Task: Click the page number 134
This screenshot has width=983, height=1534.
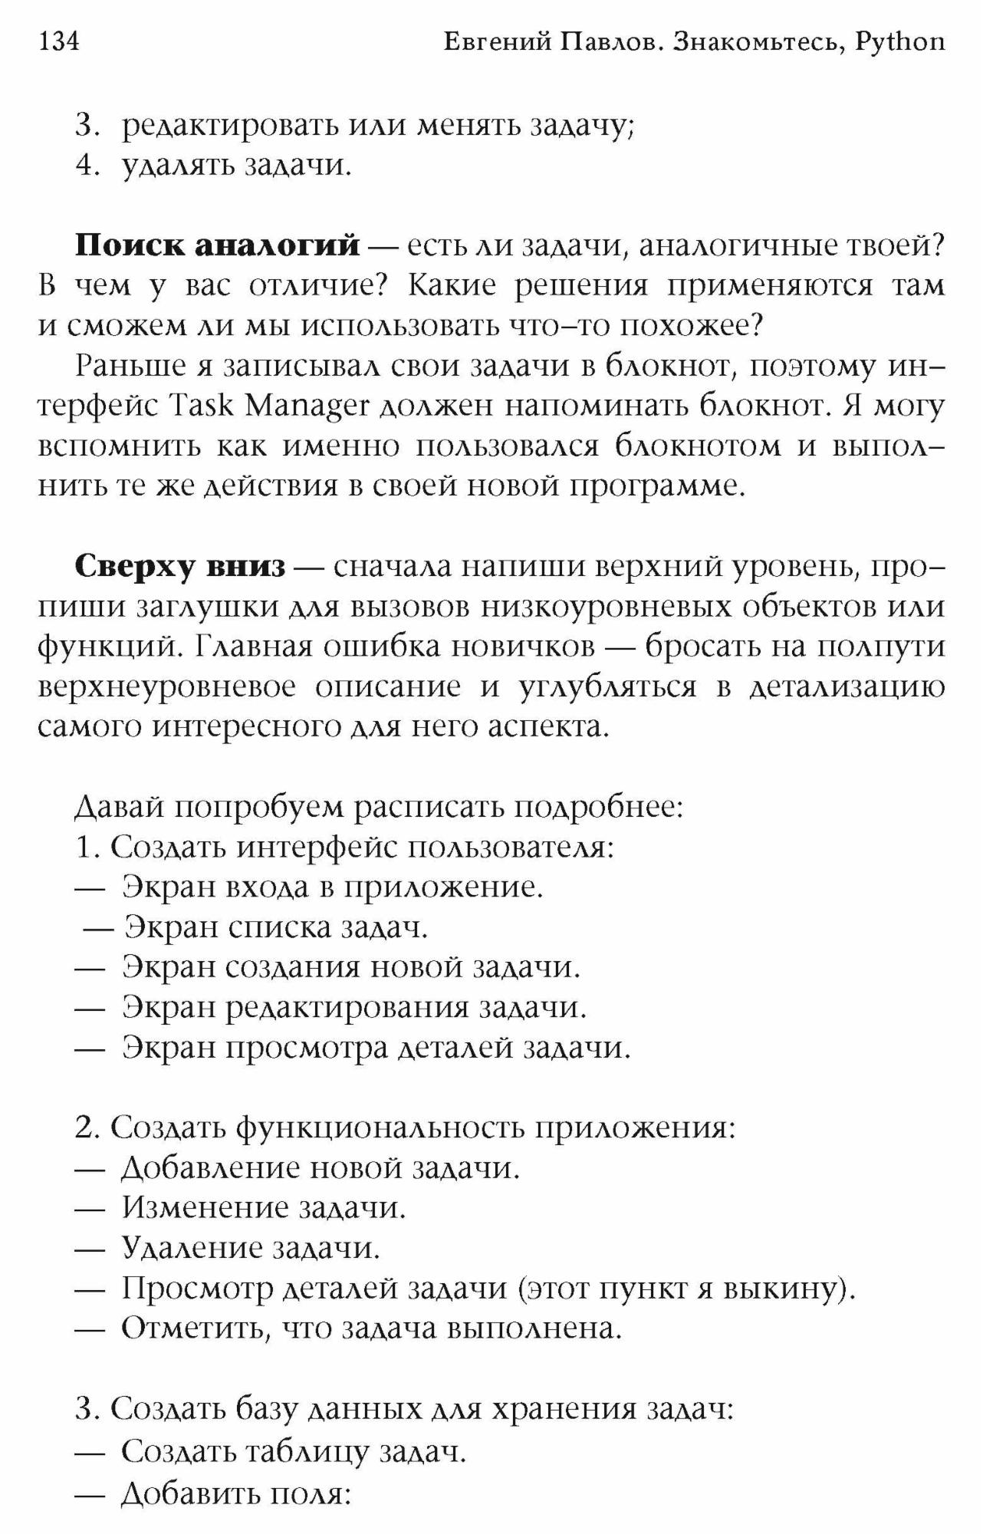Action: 58,41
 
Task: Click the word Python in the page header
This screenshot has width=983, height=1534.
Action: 899,43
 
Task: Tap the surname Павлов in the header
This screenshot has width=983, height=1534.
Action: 612,42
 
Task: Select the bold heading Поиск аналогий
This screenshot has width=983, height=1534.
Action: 217,245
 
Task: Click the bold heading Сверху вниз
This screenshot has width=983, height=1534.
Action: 180,567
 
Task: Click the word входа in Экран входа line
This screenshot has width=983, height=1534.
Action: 263,887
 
